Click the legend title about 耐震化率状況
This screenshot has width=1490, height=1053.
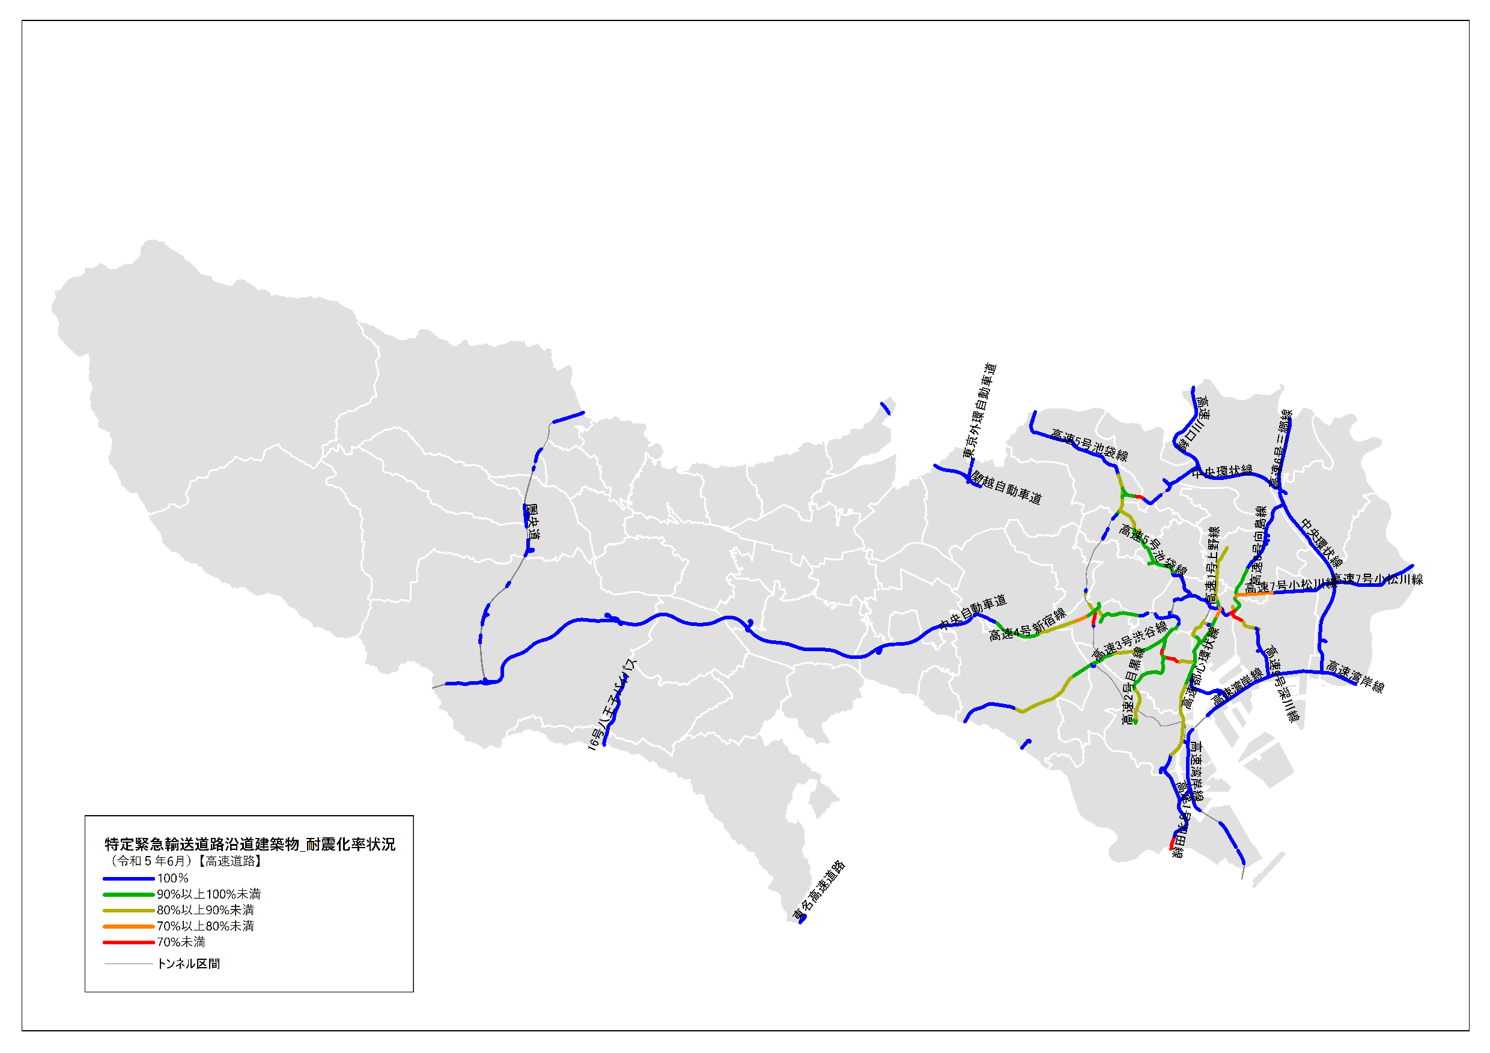point(250,844)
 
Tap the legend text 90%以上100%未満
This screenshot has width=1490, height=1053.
point(208,894)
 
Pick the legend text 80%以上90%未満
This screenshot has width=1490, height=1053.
point(205,910)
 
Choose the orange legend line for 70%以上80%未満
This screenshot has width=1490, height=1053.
point(129,926)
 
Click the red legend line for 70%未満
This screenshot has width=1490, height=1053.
point(129,942)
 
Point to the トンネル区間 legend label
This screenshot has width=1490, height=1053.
point(188,964)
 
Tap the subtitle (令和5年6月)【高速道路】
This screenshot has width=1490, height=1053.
point(186,861)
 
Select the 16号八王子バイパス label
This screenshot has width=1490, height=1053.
point(612,705)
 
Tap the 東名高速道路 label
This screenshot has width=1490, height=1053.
point(819,891)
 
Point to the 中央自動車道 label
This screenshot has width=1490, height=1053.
point(973,612)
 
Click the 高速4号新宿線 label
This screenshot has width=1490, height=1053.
point(1027,625)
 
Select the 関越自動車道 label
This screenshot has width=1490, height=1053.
point(1006,488)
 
